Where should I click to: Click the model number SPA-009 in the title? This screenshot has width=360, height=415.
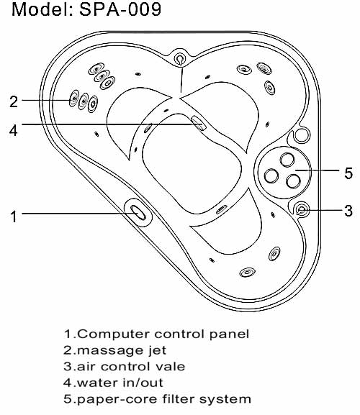[x=120, y=9]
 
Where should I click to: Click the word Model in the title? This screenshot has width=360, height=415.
[x=41, y=9]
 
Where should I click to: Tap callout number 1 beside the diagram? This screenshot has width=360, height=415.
[x=14, y=216]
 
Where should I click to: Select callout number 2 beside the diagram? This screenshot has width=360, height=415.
[x=14, y=101]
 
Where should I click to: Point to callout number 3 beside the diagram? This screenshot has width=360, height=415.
[x=348, y=211]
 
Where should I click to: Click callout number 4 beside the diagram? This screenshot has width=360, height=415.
[x=13, y=130]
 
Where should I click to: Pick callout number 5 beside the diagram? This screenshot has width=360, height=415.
[x=348, y=173]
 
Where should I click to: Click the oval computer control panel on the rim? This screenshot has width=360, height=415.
[x=138, y=212]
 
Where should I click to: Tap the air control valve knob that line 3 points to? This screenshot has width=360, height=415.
[x=302, y=210]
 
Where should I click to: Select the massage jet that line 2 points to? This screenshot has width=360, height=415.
[x=74, y=99]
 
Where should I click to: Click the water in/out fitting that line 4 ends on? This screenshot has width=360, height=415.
[x=199, y=123]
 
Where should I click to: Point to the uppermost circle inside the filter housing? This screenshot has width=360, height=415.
[x=287, y=160]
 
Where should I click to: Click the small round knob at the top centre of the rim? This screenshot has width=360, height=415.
[x=179, y=58]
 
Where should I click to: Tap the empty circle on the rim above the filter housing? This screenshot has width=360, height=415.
[x=302, y=135]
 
